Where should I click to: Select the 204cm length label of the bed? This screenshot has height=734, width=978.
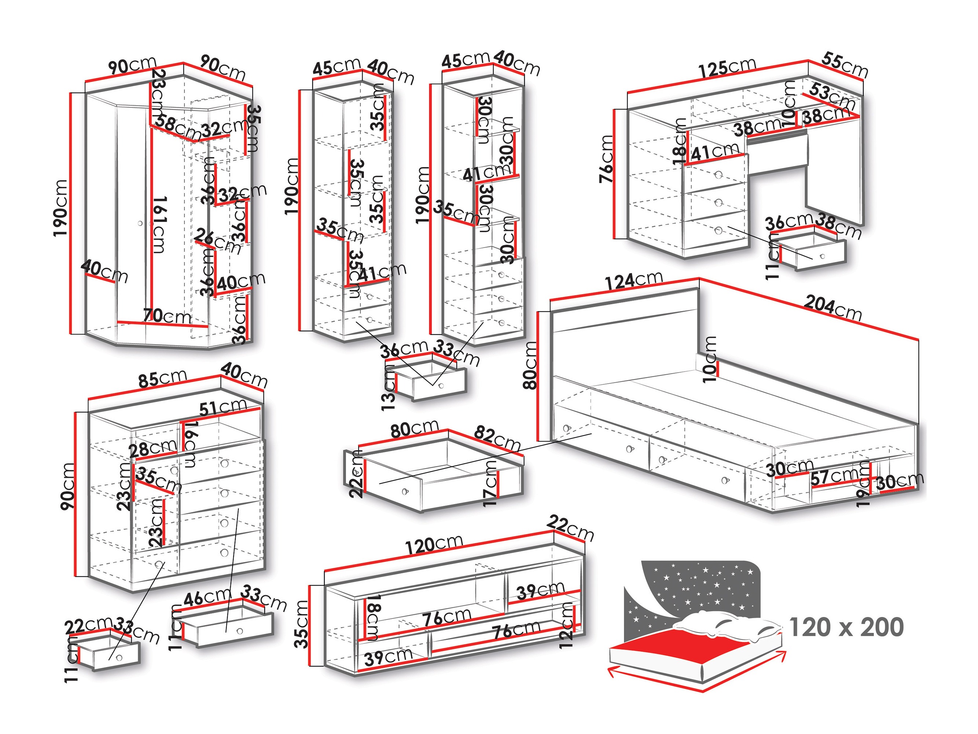832,307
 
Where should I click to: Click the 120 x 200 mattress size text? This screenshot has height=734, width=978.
846,627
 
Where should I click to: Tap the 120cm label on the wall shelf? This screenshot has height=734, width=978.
434,545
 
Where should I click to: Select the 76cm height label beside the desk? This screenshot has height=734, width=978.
607,159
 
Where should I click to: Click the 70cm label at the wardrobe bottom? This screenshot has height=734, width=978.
167,316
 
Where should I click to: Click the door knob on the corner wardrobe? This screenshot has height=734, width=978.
140,223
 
